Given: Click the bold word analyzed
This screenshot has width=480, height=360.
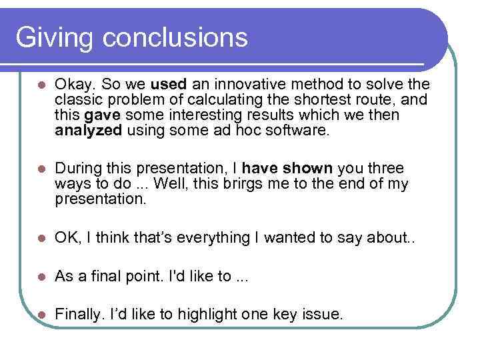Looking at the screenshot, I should (88, 131).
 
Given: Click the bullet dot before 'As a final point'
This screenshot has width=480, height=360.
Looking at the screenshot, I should (41, 277).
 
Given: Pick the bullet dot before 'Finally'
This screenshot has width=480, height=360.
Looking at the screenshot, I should (41, 315).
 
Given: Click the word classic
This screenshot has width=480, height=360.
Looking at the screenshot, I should (77, 101).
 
